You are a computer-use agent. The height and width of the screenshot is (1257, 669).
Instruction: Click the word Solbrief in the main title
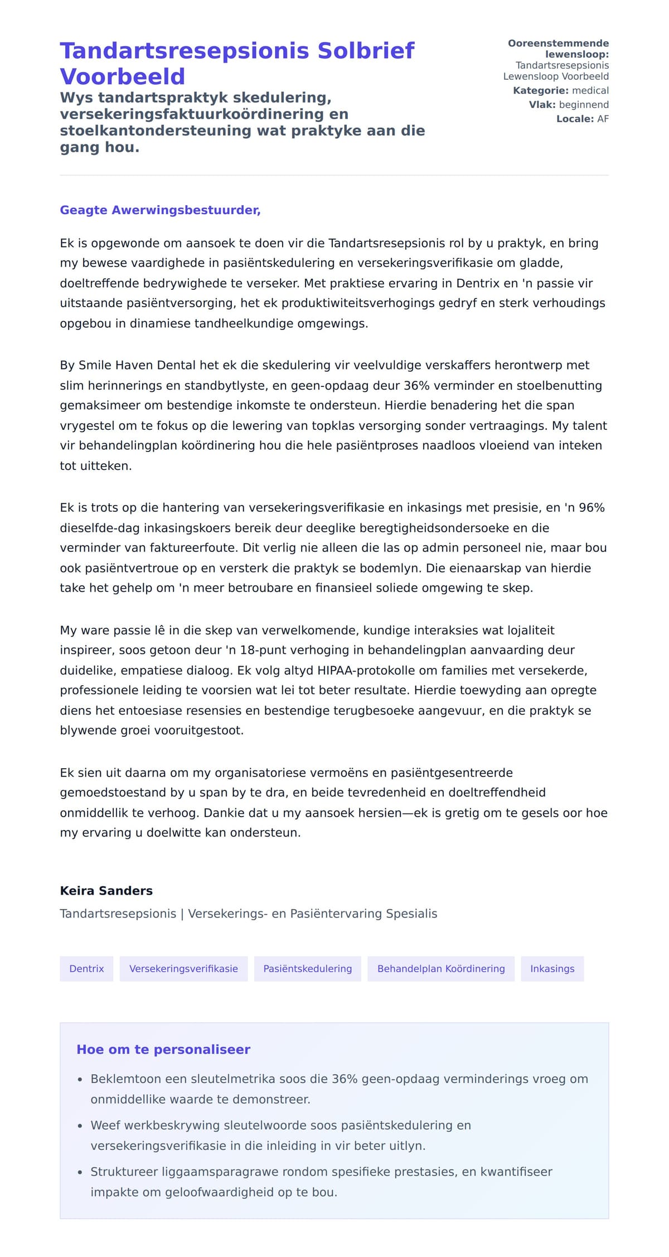coord(366,51)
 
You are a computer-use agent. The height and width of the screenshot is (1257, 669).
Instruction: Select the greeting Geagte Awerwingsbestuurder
coord(160,210)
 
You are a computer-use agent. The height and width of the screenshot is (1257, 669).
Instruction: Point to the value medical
coord(590,91)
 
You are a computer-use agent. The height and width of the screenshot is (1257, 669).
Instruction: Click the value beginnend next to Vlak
coord(584,105)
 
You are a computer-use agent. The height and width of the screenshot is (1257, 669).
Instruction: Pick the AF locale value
coord(603,119)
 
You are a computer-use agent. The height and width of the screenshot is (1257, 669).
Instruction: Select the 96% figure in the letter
coord(592,507)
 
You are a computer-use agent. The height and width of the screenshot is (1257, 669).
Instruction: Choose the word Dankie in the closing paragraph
coord(223,813)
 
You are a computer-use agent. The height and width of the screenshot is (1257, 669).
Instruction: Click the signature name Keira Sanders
coord(106,891)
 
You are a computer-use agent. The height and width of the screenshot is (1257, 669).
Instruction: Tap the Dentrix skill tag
coord(86,969)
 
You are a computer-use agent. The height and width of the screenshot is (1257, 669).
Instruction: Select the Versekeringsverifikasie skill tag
coord(183,969)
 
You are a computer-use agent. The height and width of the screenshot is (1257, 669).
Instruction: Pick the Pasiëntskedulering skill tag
coord(307,969)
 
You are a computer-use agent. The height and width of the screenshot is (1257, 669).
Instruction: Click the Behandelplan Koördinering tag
coord(441,969)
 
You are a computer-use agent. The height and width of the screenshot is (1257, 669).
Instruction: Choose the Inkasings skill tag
coord(552,969)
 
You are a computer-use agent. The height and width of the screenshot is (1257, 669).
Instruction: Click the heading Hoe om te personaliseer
coord(163,1050)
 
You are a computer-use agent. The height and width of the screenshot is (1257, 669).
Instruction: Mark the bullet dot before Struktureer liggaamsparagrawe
coord(80,1172)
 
